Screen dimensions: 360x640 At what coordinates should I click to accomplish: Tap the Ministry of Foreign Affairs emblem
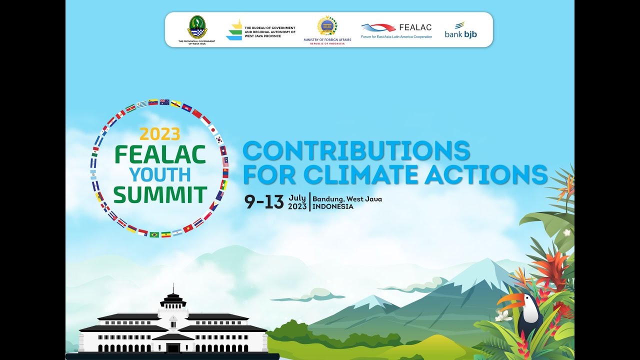click(x=327, y=26)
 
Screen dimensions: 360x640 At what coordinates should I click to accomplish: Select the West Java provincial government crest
click(x=197, y=27)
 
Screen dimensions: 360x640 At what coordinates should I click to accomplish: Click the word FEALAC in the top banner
click(x=415, y=27)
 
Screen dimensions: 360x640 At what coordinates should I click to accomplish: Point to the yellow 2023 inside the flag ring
click(x=159, y=134)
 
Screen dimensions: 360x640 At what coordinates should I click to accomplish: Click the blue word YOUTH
click(x=160, y=174)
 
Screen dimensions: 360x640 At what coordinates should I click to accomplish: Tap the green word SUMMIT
click(x=160, y=195)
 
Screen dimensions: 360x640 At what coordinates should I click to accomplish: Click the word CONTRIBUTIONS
click(x=356, y=150)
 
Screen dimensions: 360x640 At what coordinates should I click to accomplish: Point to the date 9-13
click(x=264, y=201)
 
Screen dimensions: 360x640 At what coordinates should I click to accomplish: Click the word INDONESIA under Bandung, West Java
click(x=333, y=206)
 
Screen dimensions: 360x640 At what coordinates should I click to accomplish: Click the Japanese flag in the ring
click(x=213, y=129)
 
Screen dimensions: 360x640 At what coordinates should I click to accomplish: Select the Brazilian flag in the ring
click(x=154, y=234)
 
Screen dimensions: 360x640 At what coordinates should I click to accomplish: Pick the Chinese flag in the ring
click(x=197, y=113)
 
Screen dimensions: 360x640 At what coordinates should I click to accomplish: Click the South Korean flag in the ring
click(x=219, y=140)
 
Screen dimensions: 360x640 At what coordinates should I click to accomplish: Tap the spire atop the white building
click(x=172, y=289)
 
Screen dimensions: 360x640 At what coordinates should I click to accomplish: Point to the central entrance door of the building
click(x=173, y=348)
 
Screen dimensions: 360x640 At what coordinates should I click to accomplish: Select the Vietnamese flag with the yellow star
click(x=188, y=228)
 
